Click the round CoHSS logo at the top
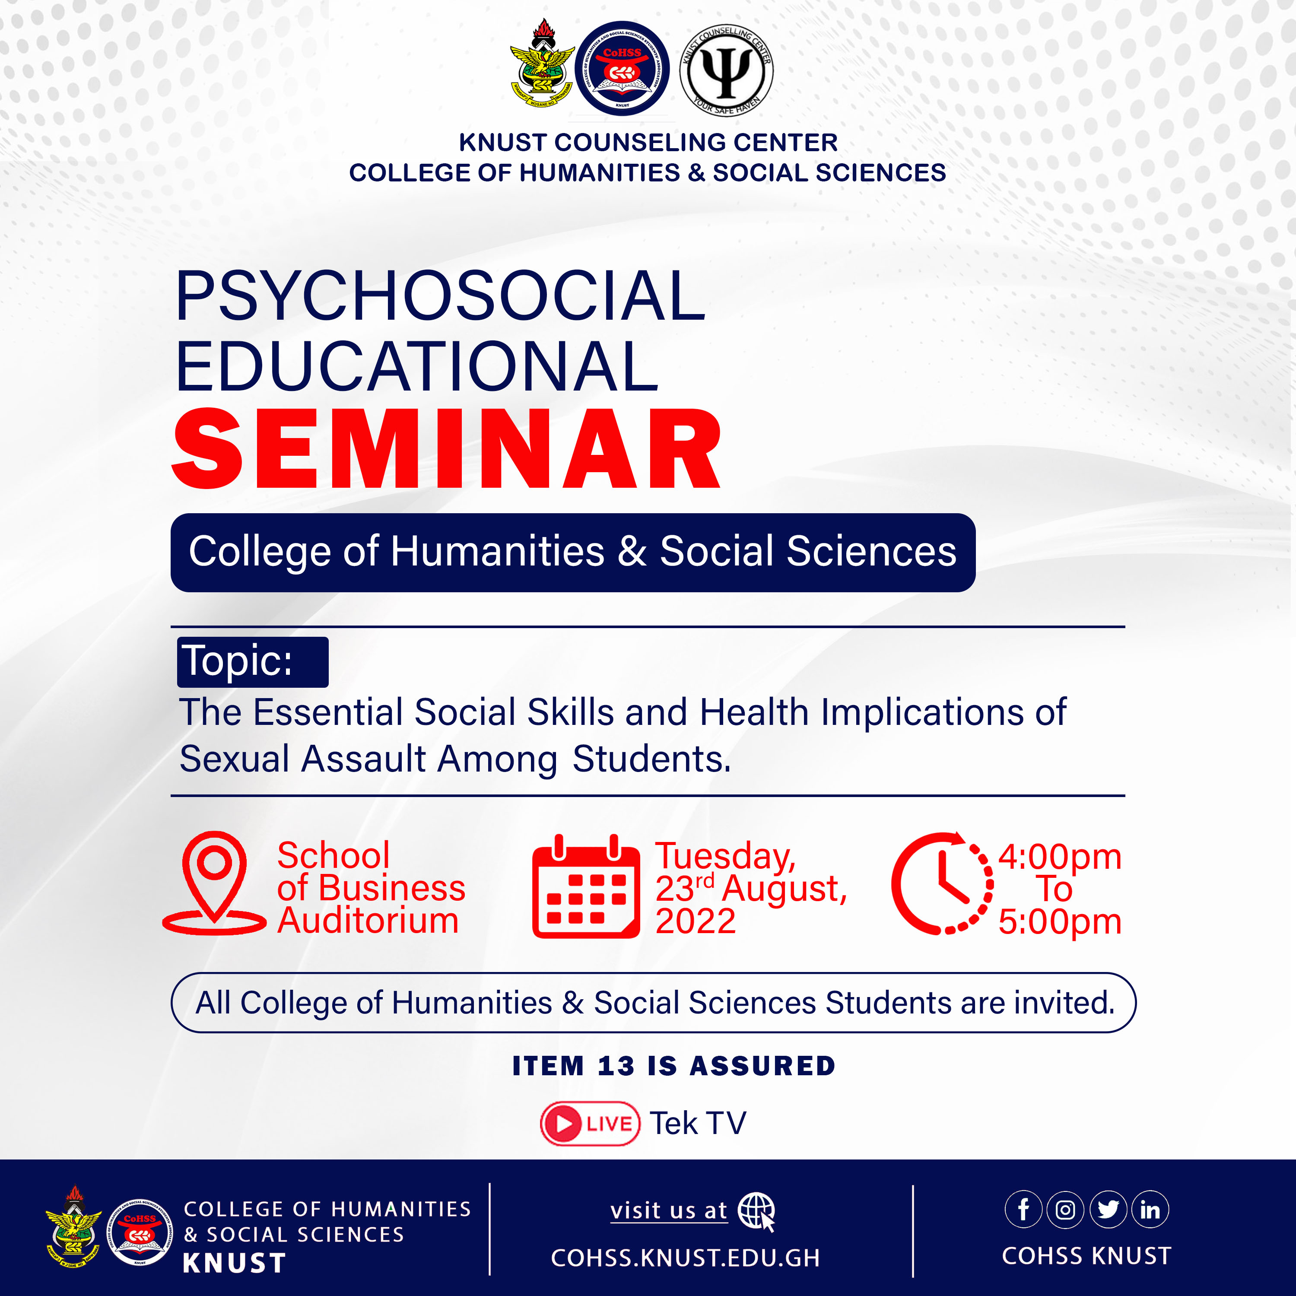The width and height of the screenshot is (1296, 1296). (x=622, y=68)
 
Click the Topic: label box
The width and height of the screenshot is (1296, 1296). (x=252, y=661)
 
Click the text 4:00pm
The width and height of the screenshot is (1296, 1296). (x=1059, y=857)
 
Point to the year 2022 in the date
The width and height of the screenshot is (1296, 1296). (x=695, y=921)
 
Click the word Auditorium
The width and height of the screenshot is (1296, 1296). (x=368, y=920)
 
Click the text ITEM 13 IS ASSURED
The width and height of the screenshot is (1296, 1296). (x=673, y=1066)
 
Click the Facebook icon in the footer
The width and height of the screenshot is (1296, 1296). (x=1023, y=1210)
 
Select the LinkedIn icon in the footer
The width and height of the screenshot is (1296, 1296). (x=1150, y=1210)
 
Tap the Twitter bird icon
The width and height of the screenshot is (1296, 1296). (x=1108, y=1210)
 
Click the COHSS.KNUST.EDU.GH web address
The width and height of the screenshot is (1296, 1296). (x=685, y=1258)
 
